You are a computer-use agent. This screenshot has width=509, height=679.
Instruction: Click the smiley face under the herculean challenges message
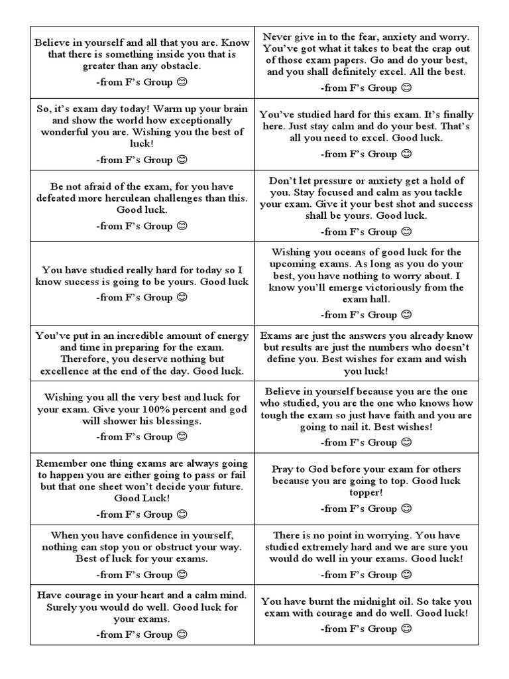(x=182, y=225)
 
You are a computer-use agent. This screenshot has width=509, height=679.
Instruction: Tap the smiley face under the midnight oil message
(x=406, y=628)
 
